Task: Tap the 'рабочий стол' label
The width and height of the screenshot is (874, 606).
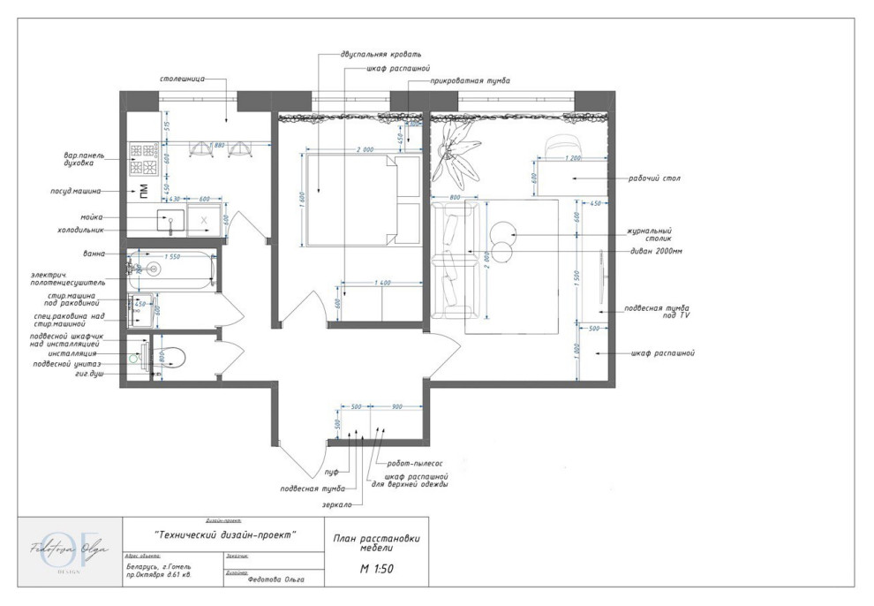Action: tap(647, 178)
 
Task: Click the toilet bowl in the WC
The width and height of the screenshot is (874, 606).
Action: tap(173, 357)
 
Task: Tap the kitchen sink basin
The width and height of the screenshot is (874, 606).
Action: tap(170, 220)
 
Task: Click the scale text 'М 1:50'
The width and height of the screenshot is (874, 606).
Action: tap(376, 568)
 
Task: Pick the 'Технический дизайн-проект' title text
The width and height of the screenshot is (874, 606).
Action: tap(224, 535)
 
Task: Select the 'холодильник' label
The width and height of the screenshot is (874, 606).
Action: tap(80, 230)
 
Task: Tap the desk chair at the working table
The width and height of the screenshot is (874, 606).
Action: tap(561, 146)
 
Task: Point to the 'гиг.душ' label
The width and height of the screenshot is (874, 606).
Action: tap(87, 374)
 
